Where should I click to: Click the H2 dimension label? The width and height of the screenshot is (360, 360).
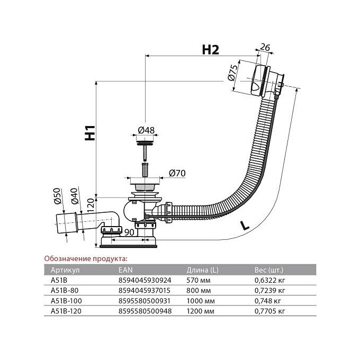point(211,49)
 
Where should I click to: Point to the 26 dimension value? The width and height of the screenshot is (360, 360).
point(266,49)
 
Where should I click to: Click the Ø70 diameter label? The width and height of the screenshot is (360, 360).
point(176,173)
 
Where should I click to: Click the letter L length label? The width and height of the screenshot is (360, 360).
point(245,224)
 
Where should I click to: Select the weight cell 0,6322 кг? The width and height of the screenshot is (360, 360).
point(269,279)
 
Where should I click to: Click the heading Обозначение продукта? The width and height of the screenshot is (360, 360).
point(85,258)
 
